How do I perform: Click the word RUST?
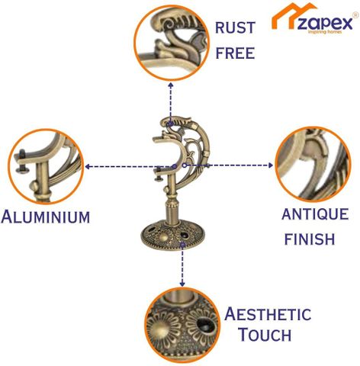pos(235,27)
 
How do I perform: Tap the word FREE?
pos(235,53)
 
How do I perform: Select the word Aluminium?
pos(46,217)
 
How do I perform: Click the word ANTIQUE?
pos(315,214)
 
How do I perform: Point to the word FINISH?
pos(310,239)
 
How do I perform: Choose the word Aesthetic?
pos(268,314)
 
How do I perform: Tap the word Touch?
pos(265,334)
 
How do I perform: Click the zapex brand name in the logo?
pos(325,24)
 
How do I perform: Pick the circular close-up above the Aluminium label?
pos(46,166)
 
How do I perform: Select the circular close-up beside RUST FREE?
pos(171,43)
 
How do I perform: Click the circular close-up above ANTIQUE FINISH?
pos(313,165)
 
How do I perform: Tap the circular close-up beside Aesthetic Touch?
pos(182,326)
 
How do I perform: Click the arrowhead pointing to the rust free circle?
pos(171,85)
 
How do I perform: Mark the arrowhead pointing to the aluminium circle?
pos(88,167)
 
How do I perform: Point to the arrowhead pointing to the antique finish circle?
pos(271,165)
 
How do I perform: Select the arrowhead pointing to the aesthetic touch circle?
pos(182,284)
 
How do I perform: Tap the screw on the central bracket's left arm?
pos(158,175)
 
